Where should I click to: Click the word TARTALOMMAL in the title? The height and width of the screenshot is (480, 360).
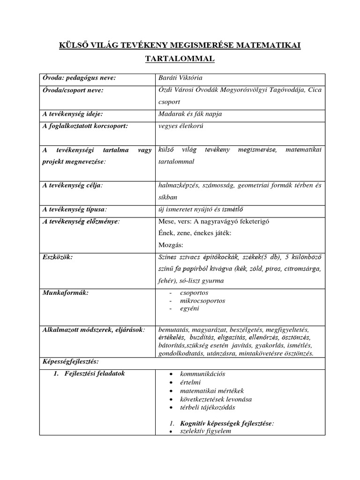point(180,59)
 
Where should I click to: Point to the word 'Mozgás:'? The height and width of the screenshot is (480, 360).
point(171,245)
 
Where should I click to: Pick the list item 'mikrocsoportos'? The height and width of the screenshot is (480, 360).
point(199,300)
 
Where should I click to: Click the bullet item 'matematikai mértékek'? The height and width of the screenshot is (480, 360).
point(209,390)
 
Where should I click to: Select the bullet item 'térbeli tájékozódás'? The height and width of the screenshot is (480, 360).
point(205,407)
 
